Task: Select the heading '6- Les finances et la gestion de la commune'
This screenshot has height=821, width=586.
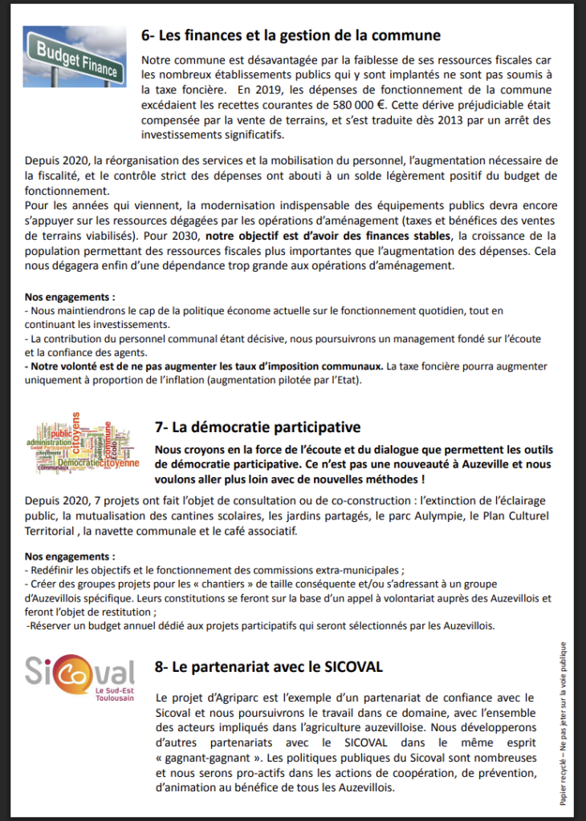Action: (291, 35)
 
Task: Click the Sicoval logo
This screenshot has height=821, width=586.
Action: (80, 672)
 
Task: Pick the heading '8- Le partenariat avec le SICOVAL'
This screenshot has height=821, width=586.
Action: (268, 667)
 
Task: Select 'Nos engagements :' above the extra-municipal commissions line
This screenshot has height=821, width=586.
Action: (70, 556)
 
